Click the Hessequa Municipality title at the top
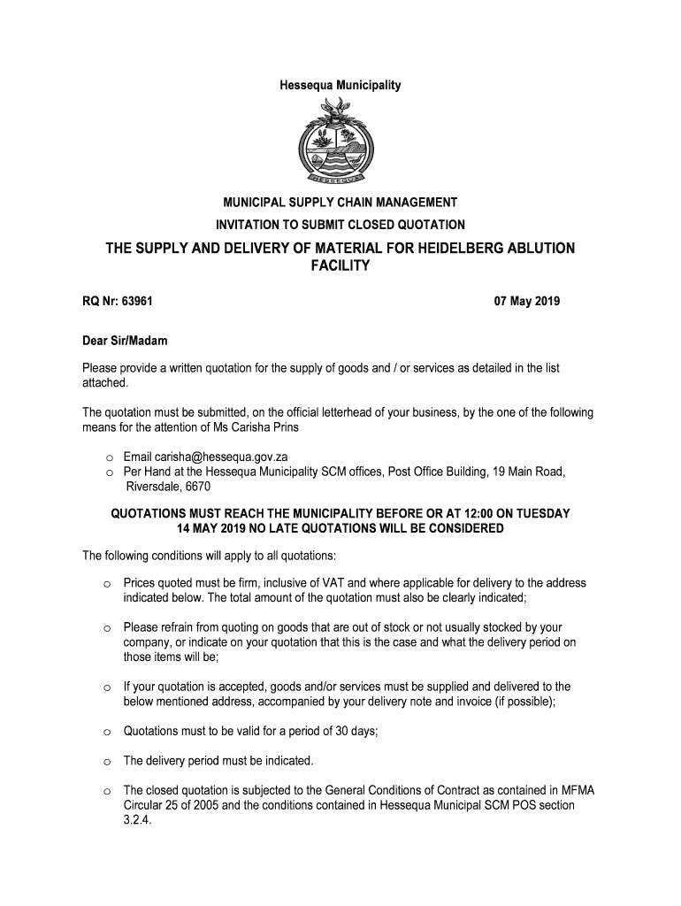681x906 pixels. pos(340,86)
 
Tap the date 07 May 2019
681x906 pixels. pos(527,302)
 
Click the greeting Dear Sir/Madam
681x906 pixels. pos(125,341)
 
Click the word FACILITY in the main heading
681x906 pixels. pos(340,265)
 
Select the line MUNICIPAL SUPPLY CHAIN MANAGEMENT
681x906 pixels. pos(340,203)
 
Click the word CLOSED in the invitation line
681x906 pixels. pos(375,225)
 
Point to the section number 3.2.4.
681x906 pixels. pos(138,820)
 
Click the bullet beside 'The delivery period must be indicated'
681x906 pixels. pos(106,762)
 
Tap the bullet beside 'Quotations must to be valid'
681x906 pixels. pos(106,733)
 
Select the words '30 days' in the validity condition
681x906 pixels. pos(361,732)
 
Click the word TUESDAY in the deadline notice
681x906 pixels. pos(539,514)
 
